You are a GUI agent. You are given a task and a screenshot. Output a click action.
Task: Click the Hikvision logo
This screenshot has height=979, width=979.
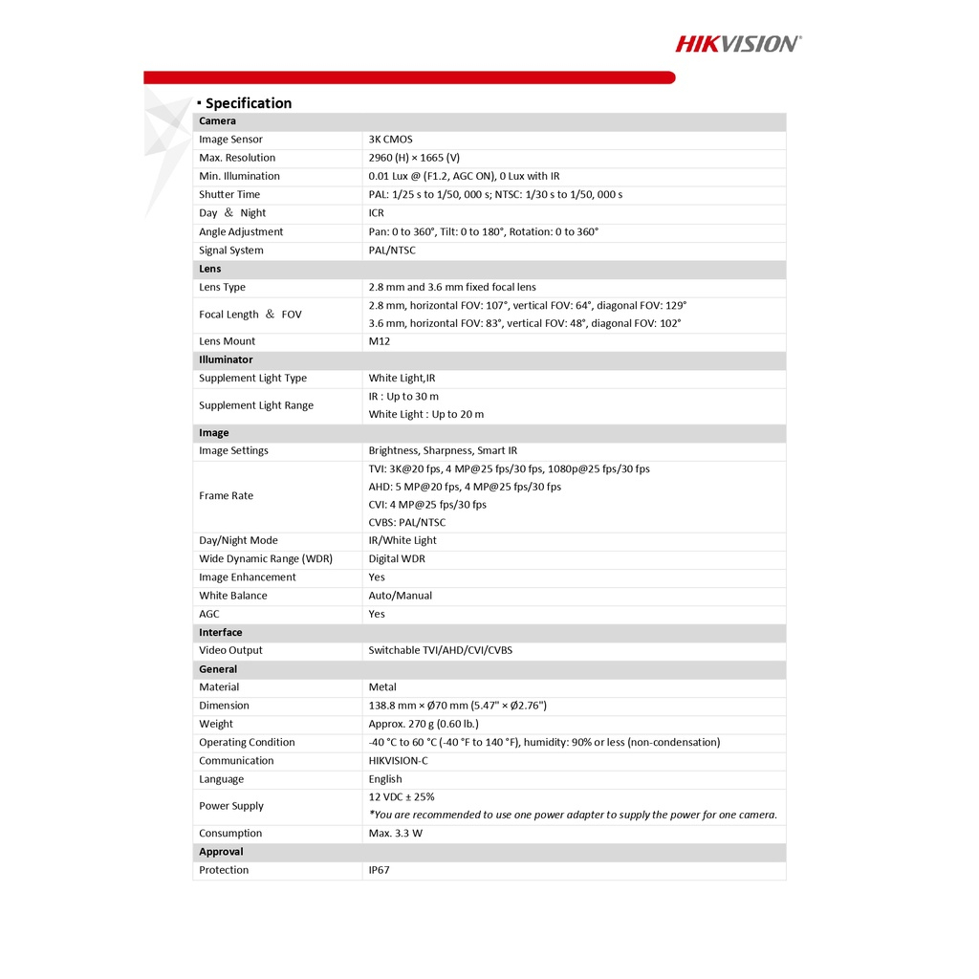738,43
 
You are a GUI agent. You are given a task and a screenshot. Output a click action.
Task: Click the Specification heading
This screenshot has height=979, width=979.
248,103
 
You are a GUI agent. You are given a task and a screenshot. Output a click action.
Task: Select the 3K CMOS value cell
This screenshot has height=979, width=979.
390,140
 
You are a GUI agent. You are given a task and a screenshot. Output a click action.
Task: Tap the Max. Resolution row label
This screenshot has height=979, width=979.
237,158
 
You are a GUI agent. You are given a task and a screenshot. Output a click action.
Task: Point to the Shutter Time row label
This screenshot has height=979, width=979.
229,194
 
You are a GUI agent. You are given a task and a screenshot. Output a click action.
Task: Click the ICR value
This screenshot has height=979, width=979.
376,213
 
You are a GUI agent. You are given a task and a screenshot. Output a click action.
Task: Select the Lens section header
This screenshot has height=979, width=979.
210,269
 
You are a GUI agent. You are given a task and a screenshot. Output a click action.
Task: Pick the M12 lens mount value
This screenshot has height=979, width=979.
380,341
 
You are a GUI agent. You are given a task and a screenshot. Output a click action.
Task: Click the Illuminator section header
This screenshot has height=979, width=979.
226,359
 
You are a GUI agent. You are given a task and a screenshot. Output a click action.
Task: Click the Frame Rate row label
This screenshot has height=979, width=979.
227,495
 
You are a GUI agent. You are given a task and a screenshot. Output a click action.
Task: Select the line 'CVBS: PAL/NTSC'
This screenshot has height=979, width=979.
407,522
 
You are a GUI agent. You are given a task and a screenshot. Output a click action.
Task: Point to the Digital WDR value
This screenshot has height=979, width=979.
397,558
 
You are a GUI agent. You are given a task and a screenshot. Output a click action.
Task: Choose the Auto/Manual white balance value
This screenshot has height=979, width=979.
401,596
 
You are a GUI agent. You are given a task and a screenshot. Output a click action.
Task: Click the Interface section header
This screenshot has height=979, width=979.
221,632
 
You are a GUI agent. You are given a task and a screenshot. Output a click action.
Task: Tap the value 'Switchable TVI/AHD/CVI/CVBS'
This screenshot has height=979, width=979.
441,650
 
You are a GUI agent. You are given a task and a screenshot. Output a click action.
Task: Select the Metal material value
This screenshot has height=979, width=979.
382,686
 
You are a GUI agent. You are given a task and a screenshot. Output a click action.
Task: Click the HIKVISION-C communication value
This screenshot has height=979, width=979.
399,761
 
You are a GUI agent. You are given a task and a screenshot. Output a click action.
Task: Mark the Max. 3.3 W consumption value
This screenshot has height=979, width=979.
396,834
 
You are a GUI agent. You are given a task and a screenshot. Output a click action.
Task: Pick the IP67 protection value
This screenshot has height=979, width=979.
380,870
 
